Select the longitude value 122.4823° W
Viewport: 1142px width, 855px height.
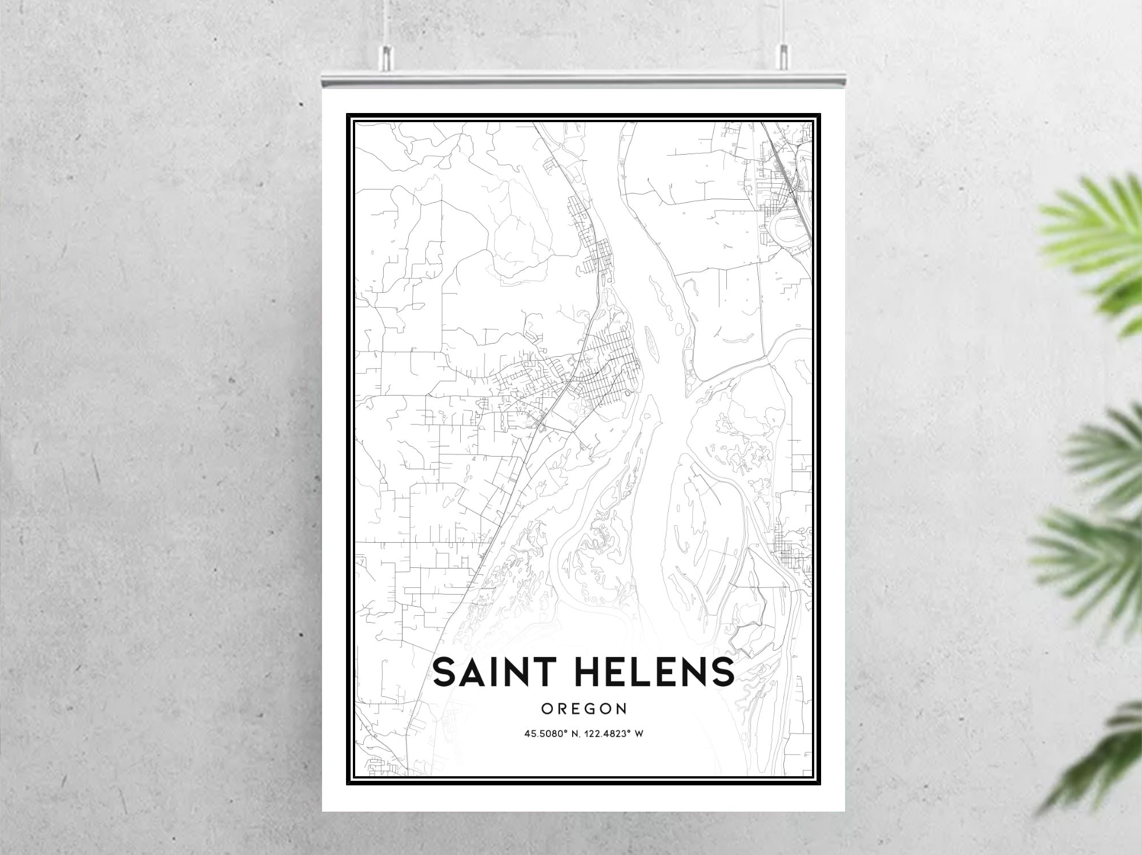pos(613,733)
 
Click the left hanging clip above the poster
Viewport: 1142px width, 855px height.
pos(387,55)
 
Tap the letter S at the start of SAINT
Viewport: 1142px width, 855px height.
pos(445,672)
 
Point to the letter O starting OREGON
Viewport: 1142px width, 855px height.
pos(546,709)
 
